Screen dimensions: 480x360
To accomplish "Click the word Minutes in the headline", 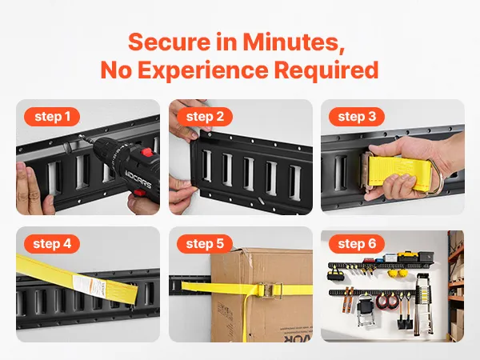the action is (294, 42).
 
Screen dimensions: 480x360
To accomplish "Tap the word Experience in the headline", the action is (203, 70).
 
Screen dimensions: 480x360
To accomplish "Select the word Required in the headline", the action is (326, 70).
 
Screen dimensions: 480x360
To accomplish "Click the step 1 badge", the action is (52, 117).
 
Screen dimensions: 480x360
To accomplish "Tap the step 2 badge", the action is (205, 117).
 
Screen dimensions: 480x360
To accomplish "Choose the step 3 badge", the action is (357, 117).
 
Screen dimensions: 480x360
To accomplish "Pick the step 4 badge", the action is (52, 244).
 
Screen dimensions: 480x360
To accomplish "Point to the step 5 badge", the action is (205, 244).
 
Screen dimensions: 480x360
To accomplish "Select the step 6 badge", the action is (357, 244).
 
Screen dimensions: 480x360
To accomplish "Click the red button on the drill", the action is (146, 152).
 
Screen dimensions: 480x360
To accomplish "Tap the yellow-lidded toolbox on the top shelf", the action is (406, 256).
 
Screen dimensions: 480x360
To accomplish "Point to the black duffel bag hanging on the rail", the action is (334, 274).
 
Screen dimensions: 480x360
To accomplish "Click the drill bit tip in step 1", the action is (80, 136).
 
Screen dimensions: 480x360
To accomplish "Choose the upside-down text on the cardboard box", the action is (298, 337).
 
